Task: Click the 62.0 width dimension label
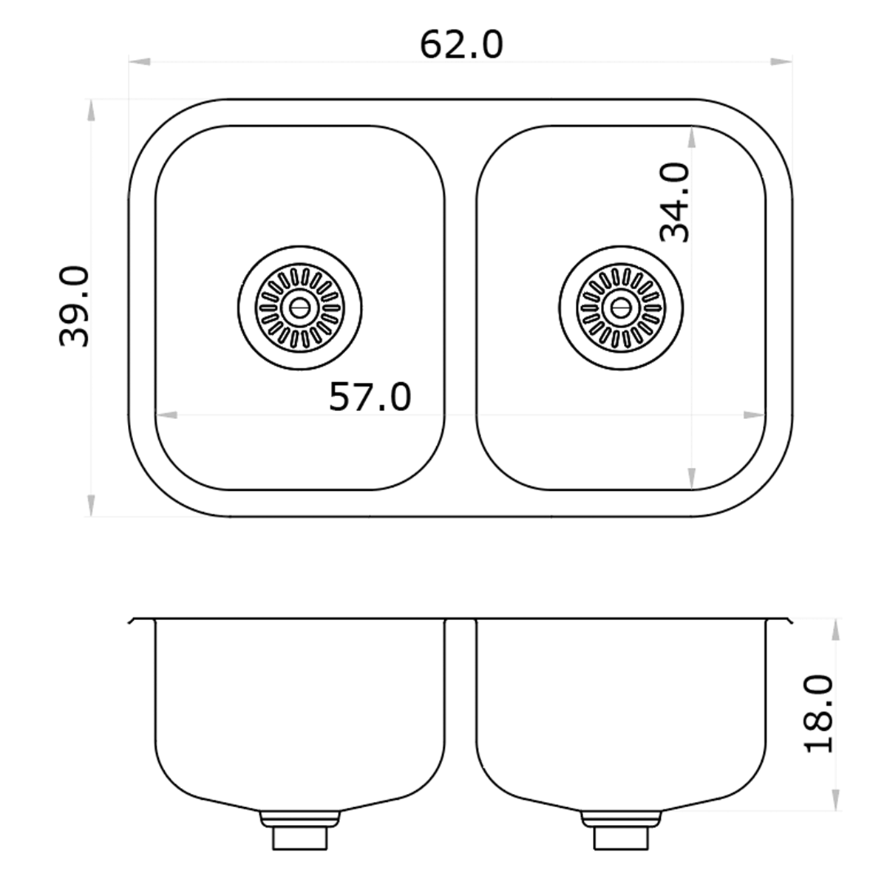[x=461, y=45]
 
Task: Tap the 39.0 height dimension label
[x=74, y=307]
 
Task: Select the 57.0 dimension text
[x=370, y=397]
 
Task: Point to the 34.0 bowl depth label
[x=675, y=203]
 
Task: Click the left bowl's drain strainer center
[x=299, y=307]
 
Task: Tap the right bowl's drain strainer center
[x=621, y=307]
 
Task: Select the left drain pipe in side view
[x=299, y=835]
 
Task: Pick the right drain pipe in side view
[x=621, y=835]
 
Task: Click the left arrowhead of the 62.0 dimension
[x=140, y=61]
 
